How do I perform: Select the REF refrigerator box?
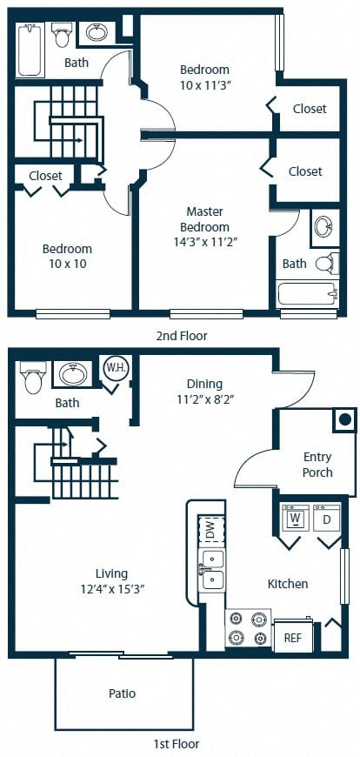pos(293,637)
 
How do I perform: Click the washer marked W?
pos(296,518)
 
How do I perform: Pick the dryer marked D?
pos(327,518)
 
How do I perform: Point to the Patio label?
pos(122,693)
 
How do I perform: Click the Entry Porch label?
pos(317,465)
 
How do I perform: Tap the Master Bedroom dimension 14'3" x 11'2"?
pos(205,241)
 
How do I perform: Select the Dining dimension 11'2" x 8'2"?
pos(205,399)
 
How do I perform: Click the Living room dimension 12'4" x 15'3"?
pos(111,589)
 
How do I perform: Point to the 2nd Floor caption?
pos(182,336)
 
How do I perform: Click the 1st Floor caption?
pos(176,744)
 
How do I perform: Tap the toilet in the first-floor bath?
pos(33,377)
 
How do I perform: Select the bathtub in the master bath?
pos(309,294)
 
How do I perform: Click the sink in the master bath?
pos(323,226)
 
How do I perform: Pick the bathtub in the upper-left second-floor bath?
pos(30,50)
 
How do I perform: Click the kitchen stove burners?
pos(248,628)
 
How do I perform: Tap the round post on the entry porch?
pos(344,419)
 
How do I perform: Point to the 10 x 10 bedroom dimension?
pos(67,265)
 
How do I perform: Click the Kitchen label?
pos(288,584)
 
